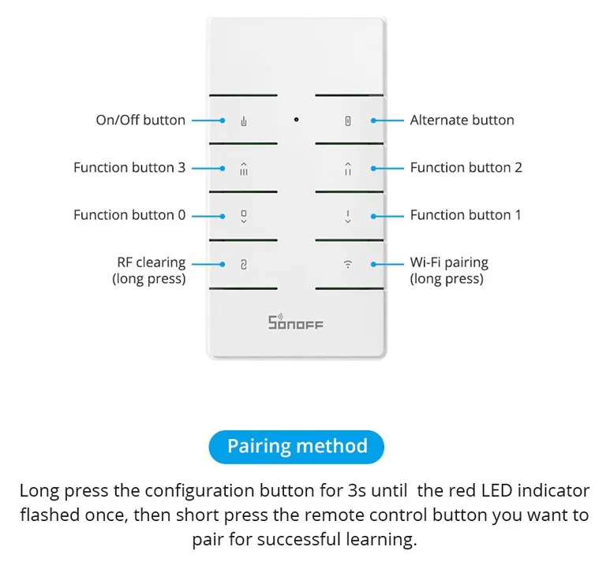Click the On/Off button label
[140, 120]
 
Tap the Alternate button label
[462, 120]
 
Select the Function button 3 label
[129, 167]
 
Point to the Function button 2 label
[466, 167]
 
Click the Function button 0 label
[129, 215]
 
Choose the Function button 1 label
[466, 215]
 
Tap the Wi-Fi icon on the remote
[348, 264]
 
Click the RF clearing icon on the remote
[244, 265]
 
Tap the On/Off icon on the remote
[244, 121]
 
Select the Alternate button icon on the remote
[348, 121]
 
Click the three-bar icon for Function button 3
[244, 169]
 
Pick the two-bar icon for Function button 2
[348, 169]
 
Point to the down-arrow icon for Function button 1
[348, 217]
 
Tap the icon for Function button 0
[244, 217]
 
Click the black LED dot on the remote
[297, 120]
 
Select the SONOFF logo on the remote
[295, 322]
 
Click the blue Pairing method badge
[297, 447]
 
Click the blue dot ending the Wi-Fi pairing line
[373, 264]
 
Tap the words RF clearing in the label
[152, 262]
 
